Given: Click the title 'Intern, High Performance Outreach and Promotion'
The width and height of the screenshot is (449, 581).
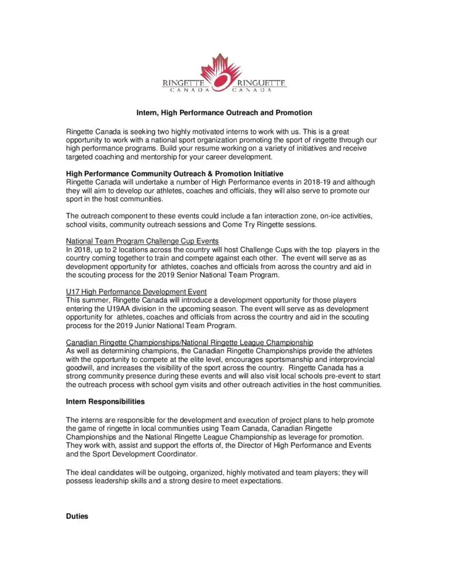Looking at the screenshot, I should point(224,113).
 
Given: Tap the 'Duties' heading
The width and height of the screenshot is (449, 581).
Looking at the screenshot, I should point(77,516).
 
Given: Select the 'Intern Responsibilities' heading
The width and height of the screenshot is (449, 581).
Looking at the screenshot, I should point(105,402).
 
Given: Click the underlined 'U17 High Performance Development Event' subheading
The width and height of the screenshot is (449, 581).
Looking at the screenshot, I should point(136,292).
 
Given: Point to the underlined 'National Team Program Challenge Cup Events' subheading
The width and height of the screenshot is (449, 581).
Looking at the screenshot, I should point(143,241).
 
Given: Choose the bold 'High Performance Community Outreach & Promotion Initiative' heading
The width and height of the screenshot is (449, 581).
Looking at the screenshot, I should point(175,174).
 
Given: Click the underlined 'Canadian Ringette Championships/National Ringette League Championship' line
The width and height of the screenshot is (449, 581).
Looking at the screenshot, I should point(189,342).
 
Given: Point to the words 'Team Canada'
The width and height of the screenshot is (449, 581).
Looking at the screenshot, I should point(246,428).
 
